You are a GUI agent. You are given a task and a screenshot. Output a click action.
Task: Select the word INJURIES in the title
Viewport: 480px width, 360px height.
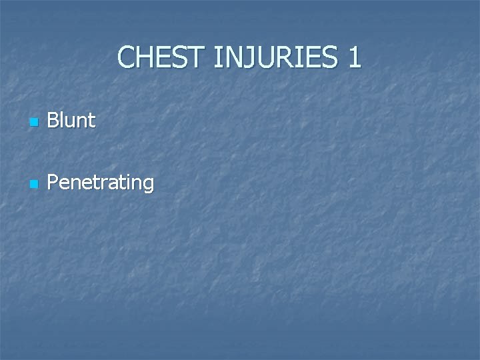click(x=277, y=58)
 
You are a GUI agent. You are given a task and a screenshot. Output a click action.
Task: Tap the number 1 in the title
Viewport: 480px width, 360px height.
click(x=353, y=58)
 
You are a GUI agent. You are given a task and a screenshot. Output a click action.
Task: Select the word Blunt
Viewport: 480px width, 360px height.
click(x=71, y=121)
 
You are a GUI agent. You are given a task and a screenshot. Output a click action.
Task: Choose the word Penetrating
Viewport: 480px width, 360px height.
click(x=101, y=183)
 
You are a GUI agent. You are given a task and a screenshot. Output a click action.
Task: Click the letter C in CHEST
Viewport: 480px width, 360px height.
click(x=127, y=58)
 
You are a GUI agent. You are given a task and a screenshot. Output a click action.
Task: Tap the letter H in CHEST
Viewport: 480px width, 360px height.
click(x=145, y=58)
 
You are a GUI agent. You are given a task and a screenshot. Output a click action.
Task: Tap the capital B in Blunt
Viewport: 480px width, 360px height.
click(x=53, y=121)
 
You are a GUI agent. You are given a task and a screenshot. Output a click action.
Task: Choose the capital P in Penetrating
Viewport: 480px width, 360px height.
click(x=53, y=182)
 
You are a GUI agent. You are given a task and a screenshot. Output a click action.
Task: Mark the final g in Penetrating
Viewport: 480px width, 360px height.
click(x=147, y=185)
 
